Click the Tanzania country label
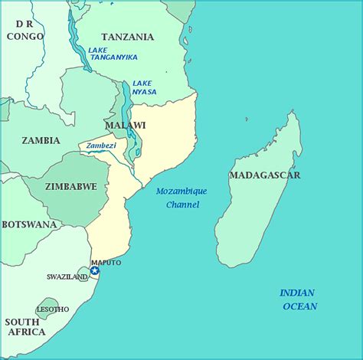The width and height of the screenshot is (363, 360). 127,37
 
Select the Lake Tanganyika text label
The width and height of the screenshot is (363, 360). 112,55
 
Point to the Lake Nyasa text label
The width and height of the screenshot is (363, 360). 144,87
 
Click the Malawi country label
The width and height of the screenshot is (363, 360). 125,125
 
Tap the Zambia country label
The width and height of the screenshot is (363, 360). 41,140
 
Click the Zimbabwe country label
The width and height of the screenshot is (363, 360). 71,186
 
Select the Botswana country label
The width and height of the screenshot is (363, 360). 29,224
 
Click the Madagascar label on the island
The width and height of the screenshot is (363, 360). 264,175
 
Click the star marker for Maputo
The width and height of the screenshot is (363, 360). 94,270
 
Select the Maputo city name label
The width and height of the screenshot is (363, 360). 106,262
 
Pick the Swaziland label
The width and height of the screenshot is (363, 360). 67,277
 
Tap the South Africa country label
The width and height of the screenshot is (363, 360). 25,327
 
